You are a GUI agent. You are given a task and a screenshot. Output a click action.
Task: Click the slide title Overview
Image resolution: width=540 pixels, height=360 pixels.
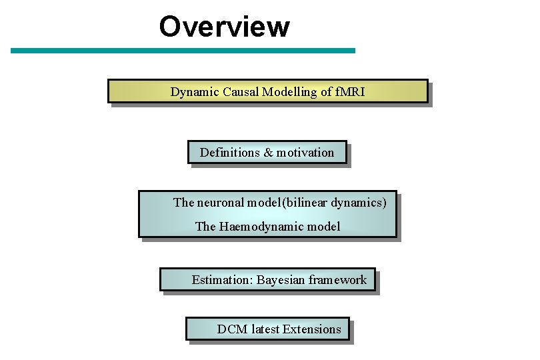click(224, 27)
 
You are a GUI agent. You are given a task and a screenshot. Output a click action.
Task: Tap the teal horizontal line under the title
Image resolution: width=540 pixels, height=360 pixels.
click(183, 51)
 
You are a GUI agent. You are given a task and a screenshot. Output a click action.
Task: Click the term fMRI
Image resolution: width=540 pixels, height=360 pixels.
click(349, 92)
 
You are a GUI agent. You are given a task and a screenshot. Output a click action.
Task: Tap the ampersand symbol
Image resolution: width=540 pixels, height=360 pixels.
click(269, 153)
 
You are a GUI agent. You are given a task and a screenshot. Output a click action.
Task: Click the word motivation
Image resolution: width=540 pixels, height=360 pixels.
click(305, 153)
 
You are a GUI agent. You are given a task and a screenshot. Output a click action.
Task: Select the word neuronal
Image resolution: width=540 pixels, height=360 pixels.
click(221, 202)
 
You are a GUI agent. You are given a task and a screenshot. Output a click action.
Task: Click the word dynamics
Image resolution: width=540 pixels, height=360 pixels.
click(358, 203)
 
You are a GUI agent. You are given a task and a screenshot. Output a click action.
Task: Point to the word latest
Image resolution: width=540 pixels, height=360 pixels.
click(265, 329)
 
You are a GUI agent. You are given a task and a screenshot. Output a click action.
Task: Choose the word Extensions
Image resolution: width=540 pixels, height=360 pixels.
click(312, 329)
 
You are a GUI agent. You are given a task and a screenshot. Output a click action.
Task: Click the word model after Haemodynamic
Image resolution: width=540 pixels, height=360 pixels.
click(323, 227)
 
